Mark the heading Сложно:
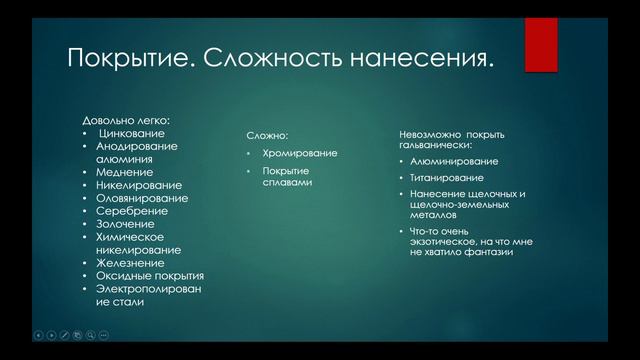267,135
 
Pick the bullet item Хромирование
300,153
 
